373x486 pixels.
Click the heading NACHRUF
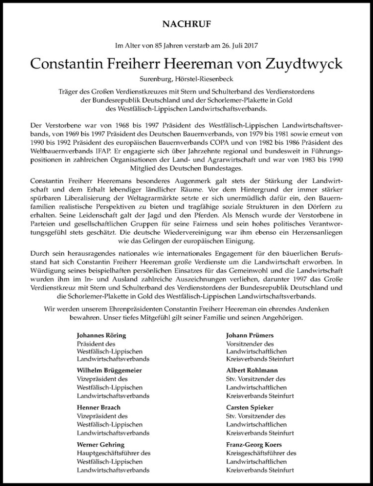186,23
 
